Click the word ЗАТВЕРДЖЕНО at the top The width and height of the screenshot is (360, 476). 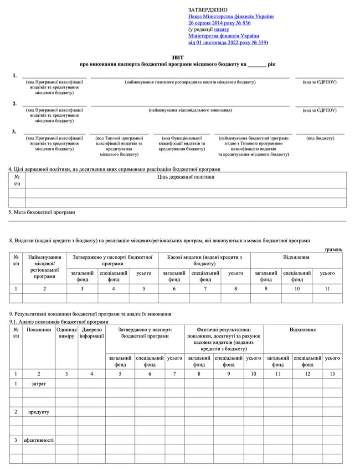[x=207, y=10]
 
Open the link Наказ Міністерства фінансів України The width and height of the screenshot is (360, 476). [x=231, y=16]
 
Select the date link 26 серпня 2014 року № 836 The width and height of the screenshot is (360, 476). [x=219, y=22]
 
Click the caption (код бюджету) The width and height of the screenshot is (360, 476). [x=320, y=138]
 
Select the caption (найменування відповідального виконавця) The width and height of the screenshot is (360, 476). [x=190, y=110]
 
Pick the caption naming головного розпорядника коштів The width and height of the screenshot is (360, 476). [x=190, y=82]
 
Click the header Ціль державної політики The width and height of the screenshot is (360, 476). [x=185, y=177]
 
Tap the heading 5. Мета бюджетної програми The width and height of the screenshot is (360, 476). [x=41, y=212]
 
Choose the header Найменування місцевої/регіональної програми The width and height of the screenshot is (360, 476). [x=44, y=267]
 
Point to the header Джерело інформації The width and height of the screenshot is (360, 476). [x=92, y=332]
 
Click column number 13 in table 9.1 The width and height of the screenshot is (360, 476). [x=332, y=374]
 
